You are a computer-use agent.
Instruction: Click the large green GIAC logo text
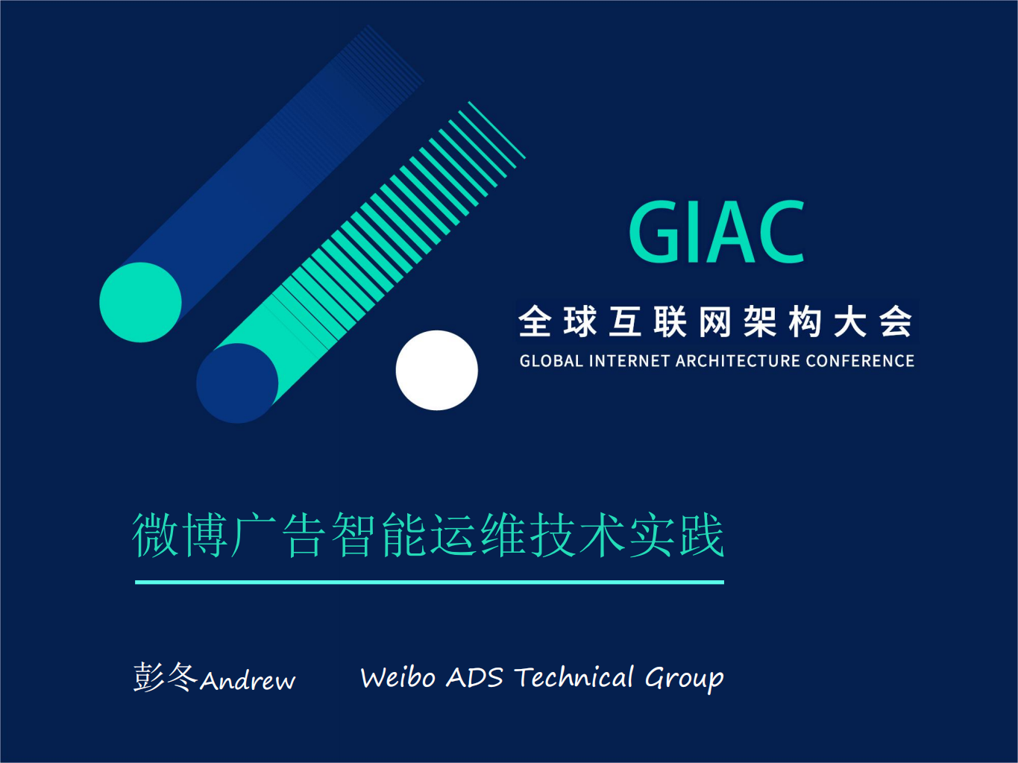point(717,232)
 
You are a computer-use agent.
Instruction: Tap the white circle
point(436,370)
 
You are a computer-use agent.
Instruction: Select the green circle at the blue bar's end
point(140,302)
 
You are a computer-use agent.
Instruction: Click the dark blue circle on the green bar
point(237,383)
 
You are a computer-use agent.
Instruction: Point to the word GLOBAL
point(551,361)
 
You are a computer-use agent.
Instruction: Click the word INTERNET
point(629,361)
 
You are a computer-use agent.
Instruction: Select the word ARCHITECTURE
point(738,361)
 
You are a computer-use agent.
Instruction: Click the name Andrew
point(248,680)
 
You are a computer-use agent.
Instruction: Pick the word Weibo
point(398,677)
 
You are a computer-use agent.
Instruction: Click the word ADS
point(474,677)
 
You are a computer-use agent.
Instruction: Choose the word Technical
point(574,677)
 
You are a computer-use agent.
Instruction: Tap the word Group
point(684,679)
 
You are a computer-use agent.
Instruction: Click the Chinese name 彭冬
point(165,677)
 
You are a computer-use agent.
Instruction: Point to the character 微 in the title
point(155,535)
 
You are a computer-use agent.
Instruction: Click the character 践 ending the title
point(701,535)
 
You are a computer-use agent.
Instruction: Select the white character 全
point(535,322)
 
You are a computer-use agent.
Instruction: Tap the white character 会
point(895,322)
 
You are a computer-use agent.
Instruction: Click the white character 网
point(715,322)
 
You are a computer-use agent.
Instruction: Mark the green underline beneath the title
point(430,582)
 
